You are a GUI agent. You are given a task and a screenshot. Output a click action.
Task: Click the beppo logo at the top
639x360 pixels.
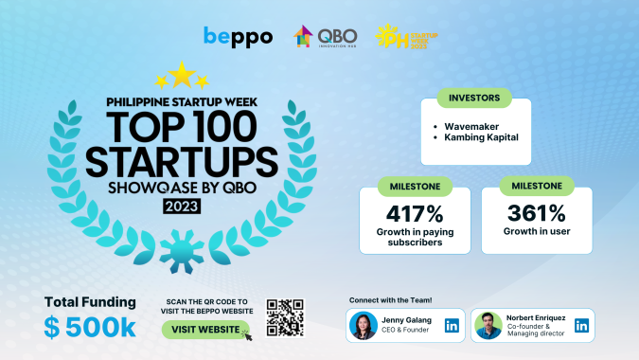(x=238, y=37)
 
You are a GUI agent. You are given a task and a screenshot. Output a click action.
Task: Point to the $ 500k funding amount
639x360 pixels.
(x=90, y=328)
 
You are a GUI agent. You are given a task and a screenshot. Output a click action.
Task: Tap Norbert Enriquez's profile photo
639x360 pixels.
(x=488, y=326)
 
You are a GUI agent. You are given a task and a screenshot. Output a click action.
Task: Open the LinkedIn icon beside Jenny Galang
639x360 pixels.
(x=452, y=326)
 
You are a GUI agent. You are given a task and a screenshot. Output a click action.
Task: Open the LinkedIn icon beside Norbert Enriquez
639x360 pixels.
(x=581, y=326)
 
